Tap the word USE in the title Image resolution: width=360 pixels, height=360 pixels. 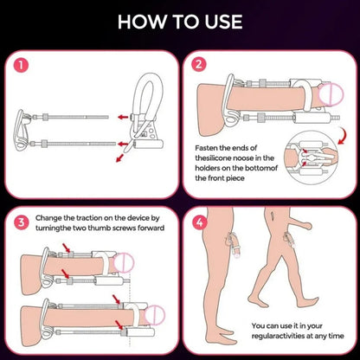[224, 22]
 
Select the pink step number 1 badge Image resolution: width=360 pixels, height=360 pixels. [21, 65]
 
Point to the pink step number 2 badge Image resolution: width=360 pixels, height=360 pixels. [199, 64]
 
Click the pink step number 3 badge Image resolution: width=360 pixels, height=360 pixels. [22, 222]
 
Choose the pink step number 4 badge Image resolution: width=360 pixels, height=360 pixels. [200, 222]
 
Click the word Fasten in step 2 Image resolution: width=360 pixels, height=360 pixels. [206, 148]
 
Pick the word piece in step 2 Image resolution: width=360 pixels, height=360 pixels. [235, 178]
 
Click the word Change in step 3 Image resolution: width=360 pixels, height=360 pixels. [48, 218]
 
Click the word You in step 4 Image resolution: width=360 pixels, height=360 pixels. [258, 326]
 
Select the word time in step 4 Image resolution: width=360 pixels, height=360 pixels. [336, 336]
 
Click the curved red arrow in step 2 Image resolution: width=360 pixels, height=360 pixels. [344, 136]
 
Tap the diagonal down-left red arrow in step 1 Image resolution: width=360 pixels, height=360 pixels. [119, 158]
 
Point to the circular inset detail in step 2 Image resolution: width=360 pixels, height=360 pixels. [311, 157]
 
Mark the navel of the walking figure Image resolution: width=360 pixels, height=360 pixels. [273, 215]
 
